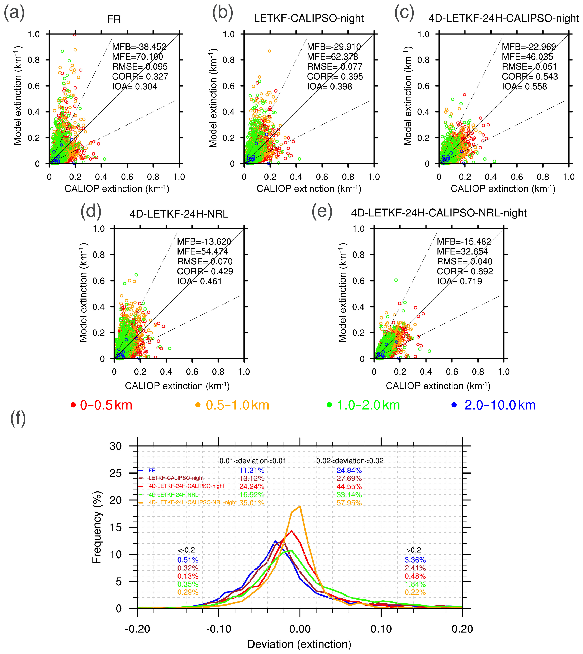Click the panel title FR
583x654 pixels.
114,20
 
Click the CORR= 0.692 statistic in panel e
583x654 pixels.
465,271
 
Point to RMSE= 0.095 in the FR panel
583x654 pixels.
140,67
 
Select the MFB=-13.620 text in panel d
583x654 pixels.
204,242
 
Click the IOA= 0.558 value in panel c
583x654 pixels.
524,86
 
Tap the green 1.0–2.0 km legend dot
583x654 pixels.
329,405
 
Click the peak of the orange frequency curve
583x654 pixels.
300,506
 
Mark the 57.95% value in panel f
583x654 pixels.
349,503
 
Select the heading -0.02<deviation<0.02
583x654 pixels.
349,461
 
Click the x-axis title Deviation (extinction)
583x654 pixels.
299,644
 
